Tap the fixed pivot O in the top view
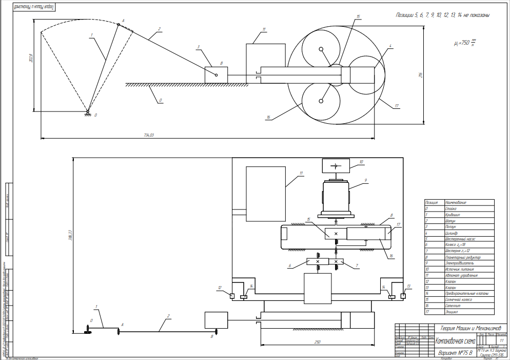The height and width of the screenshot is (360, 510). (x=88, y=111)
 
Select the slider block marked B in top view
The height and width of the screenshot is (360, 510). (x=215, y=74)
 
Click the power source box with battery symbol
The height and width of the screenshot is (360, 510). (x=335, y=165)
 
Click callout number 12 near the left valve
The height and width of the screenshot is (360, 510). (x=220, y=288)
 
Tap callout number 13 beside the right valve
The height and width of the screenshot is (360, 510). (x=409, y=286)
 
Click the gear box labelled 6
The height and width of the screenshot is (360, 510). (x=317, y=262)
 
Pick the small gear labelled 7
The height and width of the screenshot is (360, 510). (x=336, y=262)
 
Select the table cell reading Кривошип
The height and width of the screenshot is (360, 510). (x=452, y=215)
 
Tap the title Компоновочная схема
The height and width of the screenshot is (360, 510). (x=455, y=340)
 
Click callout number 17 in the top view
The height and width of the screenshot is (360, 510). (x=397, y=106)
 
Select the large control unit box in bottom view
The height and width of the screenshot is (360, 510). (x=265, y=194)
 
